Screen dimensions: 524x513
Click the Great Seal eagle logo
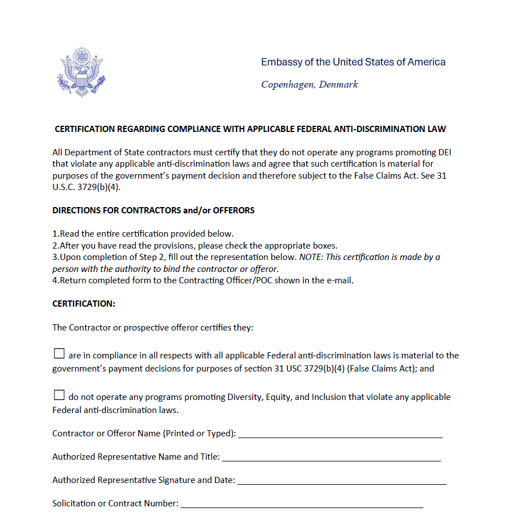coord(81,72)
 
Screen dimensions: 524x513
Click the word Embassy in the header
coord(279,62)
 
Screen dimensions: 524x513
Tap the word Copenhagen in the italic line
coord(287,85)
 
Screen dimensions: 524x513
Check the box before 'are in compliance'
coord(59,354)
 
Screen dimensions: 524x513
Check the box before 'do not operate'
coord(59,395)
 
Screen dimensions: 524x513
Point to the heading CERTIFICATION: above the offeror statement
coord(84,304)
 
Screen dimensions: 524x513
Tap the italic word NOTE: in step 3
coord(311,257)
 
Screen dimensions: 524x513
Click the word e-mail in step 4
coord(341,280)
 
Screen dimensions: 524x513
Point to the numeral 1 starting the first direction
coord(55,234)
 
